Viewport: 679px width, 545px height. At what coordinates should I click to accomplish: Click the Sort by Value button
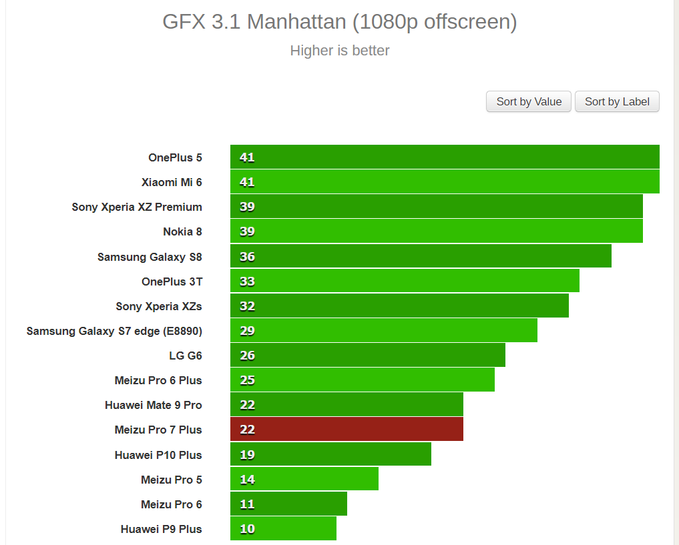tap(529, 101)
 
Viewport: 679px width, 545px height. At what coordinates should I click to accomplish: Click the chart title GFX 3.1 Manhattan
tap(340, 22)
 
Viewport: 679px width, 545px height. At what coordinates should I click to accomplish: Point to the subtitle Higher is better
tap(340, 51)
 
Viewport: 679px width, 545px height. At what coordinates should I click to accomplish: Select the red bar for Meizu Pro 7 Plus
tap(347, 430)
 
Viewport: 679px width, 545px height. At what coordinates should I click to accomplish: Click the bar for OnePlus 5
tap(445, 157)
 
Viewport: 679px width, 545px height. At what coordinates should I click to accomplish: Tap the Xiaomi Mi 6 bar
tap(445, 182)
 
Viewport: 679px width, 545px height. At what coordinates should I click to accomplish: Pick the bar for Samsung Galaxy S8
tap(421, 256)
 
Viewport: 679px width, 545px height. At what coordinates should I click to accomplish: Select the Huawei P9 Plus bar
tap(283, 529)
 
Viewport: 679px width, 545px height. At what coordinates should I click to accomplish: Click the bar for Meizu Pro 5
tap(304, 479)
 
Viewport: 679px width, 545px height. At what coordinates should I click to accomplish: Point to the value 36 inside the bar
tap(247, 257)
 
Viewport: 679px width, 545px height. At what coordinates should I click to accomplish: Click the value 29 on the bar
tap(247, 331)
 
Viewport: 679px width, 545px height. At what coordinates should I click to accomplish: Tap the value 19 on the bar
tap(247, 455)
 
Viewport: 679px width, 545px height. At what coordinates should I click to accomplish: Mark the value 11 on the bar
tap(247, 504)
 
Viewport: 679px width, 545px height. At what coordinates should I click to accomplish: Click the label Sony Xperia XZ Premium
tap(137, 207)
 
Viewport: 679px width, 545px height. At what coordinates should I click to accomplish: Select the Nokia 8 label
tap(182, 231)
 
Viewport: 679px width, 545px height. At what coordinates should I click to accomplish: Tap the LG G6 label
tap(186, 356)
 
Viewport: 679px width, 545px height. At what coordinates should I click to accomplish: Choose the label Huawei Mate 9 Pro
tap(154, 405)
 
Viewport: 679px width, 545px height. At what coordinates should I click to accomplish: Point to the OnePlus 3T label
tap(172, 282)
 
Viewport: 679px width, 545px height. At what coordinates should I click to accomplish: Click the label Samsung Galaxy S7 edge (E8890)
tap(114, 331)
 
